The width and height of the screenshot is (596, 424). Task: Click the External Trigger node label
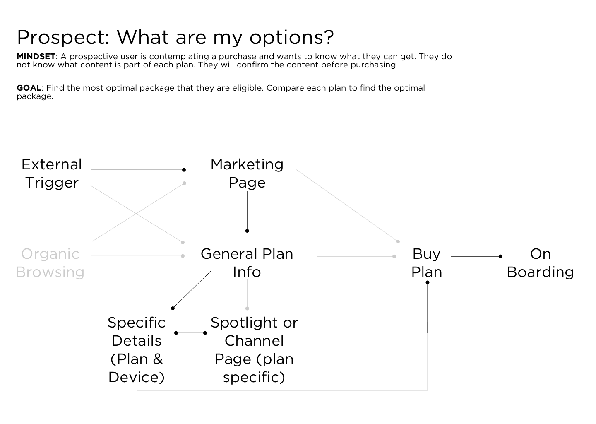(x=52, y=173)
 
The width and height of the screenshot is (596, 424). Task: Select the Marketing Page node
(x=247, y=173)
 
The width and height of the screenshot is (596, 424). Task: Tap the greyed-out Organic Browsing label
(x=50, y=263)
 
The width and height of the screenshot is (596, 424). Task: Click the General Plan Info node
(x=247, y=263)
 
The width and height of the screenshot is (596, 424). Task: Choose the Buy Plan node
(x=426, y=263)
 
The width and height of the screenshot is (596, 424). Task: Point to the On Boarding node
(x=540, y=263)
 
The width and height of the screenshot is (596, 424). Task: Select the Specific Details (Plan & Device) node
(x=137, y=350)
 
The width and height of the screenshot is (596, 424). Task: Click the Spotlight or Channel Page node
(x=254, y=350)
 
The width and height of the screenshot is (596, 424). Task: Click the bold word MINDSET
(x=36, y=56)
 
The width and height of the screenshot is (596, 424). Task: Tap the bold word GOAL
(x=29, y=88)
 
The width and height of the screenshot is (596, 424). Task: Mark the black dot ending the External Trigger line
(x=184, y=170)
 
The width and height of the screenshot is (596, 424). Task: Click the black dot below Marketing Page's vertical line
(x=247, y=231)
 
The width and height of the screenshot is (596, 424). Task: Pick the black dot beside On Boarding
(x=500, y=256)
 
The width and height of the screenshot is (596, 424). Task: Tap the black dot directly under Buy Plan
(x=428, y=282)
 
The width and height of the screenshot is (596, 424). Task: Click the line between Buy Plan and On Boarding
(x=476, y=256)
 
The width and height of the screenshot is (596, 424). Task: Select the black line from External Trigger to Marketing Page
(x=137, y=170)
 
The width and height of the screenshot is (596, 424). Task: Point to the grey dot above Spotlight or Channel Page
(x=247, y=308)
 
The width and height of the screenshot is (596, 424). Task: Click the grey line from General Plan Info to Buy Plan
(x=356, y=256)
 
